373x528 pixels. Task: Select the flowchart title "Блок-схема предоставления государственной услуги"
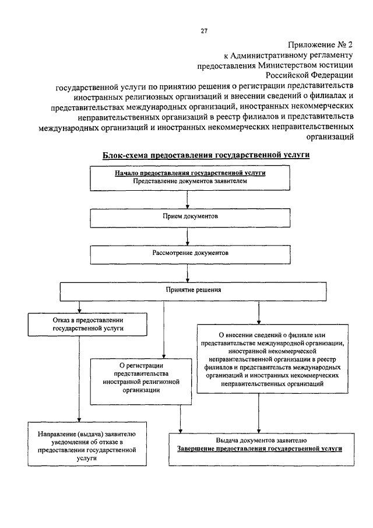206,155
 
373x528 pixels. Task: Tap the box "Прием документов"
186,217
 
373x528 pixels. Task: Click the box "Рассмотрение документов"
186,254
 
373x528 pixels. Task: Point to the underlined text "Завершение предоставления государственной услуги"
259,450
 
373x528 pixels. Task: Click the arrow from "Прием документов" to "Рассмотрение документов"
187,236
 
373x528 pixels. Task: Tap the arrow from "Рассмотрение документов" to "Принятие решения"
187,273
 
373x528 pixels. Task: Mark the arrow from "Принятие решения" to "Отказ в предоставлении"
79,307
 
